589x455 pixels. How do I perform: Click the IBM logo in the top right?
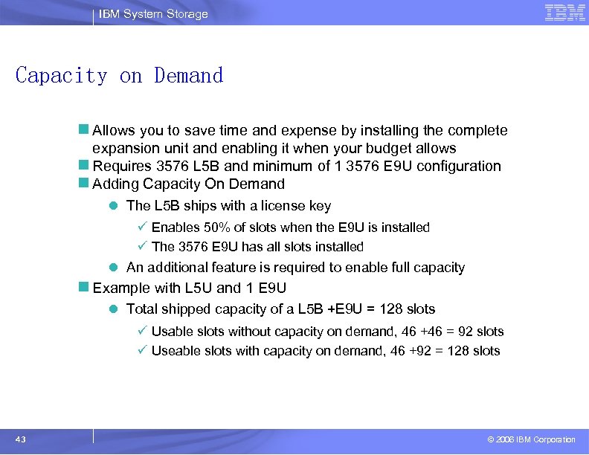(564, 12)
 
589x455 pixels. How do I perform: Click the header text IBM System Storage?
(153, 14)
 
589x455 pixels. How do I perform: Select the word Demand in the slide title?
(189, 76)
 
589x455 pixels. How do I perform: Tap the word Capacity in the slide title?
(62, 76)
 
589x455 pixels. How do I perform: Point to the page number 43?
(20, 439)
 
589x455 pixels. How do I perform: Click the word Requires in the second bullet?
(118, 166)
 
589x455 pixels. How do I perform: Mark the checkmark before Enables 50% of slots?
(142, 227)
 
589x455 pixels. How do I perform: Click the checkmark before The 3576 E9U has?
(142, 247)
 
